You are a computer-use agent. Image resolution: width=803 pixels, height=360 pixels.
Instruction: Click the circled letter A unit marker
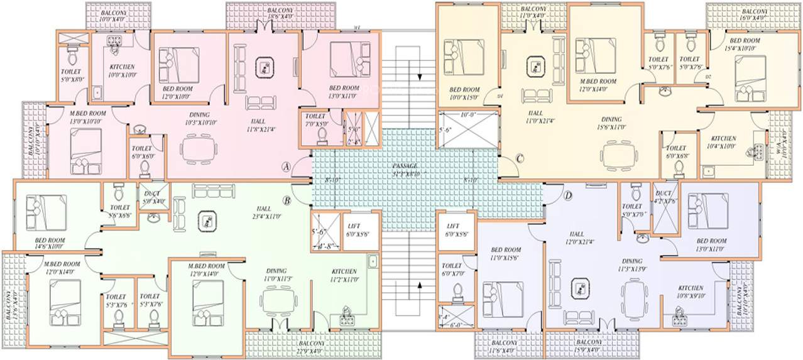[286, 166]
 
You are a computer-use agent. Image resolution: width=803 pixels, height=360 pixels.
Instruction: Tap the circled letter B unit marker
[286, 200]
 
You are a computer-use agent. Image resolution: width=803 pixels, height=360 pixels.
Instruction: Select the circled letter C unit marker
[520, 158]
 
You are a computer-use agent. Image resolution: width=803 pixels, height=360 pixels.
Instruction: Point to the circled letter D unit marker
[568, 196]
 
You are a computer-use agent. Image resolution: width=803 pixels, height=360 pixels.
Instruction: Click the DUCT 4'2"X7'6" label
[664, 197]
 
